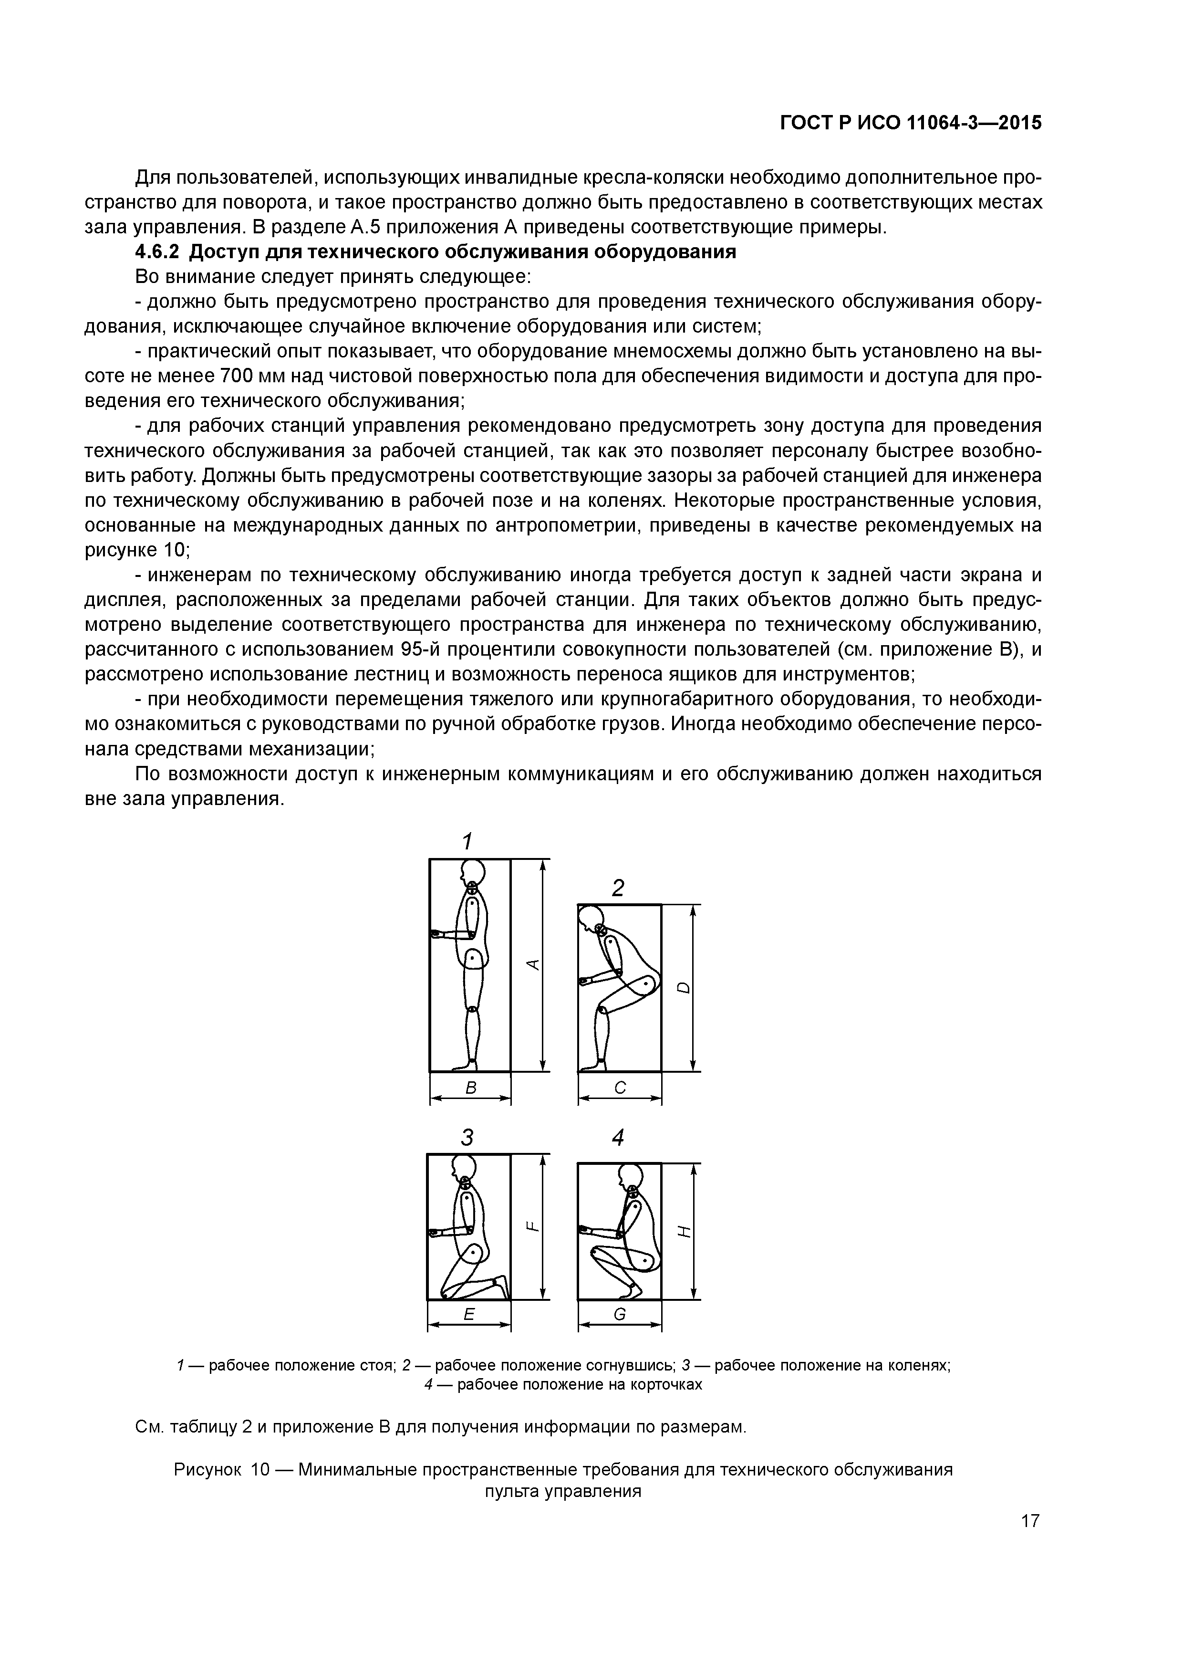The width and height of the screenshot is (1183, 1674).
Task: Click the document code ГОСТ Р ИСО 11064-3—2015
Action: (911, 123)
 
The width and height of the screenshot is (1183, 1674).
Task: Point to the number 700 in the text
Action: (236, 376)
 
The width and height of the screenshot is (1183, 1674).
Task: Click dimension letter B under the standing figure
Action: (471, 1088)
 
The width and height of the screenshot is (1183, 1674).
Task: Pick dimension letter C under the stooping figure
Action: (620, 1088)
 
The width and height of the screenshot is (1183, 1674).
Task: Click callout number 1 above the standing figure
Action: (467, 841)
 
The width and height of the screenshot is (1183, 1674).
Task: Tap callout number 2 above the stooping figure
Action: (618, 888)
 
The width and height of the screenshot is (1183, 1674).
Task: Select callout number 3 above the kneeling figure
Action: (467, 1137)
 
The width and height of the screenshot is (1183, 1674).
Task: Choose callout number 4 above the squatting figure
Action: (618, 1137)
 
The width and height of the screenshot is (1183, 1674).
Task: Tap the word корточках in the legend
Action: (665, 1384)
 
